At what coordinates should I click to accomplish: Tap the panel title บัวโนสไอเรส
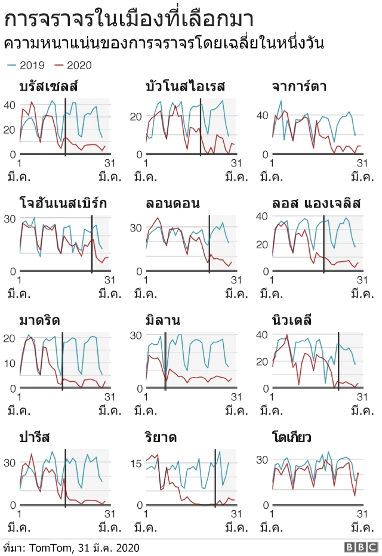[185, 87]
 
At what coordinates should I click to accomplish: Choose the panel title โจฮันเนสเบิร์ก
[63, 203]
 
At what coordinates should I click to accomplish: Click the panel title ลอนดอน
[172, 203]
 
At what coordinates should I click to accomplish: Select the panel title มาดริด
[39, 320]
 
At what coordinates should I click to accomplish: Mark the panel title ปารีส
[35, 437]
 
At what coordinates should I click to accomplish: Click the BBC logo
[360, 547]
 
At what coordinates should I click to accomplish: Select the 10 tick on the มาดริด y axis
[10, 363]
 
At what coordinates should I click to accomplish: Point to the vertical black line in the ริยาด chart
[215, 477]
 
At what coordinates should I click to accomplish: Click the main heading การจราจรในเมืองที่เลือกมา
[129, 18]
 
